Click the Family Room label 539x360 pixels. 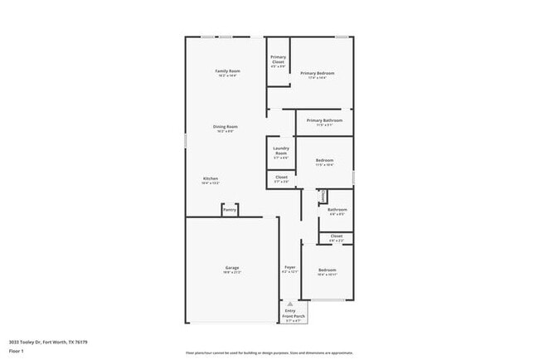[227, 72]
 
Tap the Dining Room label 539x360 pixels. [226, 127]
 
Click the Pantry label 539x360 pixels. [229, 210]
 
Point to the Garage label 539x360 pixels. [232, 268]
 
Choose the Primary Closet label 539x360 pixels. [278, 60]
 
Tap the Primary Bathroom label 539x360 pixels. [324, 121]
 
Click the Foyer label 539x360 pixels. [290, 268]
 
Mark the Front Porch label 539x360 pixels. [294, 315]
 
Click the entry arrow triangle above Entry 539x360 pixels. [289, 304]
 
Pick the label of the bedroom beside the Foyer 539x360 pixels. [327, 270]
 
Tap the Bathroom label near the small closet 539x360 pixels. [337, 210]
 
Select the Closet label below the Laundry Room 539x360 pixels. [281, 177]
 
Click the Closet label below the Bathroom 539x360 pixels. [336, 236]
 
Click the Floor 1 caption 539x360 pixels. [17, 351]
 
